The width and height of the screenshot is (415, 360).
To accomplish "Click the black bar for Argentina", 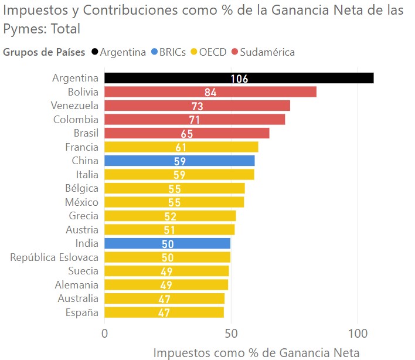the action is pyautogui.click(x=239, y=78).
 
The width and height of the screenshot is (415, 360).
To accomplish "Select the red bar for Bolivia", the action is pyautogui.click(x=210, y=92).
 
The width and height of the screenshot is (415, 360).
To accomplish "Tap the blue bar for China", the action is pyautogui.click(x=179, y=161).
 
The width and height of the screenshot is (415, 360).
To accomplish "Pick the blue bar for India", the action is pyautogui.click(x=167, y=243).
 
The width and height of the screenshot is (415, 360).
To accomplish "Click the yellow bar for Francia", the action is pyautogui.click(x=181, y=147).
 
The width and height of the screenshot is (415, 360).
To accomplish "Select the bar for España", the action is pyautogui.click(x=164, y=312).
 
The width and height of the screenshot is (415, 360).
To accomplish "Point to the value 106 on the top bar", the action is pyautogui.click(x=239, y=79).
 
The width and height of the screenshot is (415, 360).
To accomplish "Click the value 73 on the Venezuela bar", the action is pyautogui.click(x=197, y=106).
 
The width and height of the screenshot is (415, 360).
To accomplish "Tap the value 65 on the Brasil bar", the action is pyautogui.click(x=187, y=134).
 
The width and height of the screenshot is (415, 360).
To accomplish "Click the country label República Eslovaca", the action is pyautogui.click(x=55, y=257).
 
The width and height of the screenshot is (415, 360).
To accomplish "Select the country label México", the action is pyautogui.click(x=82, y=202).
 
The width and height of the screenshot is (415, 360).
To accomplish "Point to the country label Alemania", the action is pyautogui.click(x=77, y=285).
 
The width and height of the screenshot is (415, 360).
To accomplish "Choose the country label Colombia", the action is pyautogui.click(x=76, y=120).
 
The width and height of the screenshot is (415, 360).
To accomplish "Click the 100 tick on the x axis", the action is pyautogui.click(x=358, y=334).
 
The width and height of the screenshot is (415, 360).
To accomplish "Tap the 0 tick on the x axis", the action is pyautogui.click(x=104, y=334).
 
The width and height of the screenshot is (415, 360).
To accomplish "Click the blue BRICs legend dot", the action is pyautogui.click(x=154, y=52).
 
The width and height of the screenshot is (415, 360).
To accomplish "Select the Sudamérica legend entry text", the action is pyautogui.click(x=267, y=52).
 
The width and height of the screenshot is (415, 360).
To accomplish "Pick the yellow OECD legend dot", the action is pyautogui.click(x=194, y=52).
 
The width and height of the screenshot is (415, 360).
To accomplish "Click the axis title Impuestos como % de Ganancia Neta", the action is pyautogui.click(x=257, y=353).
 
